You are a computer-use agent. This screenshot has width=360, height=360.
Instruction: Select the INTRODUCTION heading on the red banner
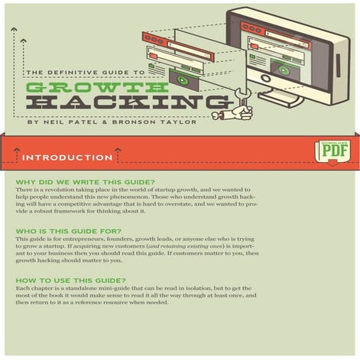click(x=67, y=157)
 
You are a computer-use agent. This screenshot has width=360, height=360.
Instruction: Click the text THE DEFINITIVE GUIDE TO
click(x=85, y=72)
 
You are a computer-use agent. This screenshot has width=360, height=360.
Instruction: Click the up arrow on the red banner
click(x=17, y=157)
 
